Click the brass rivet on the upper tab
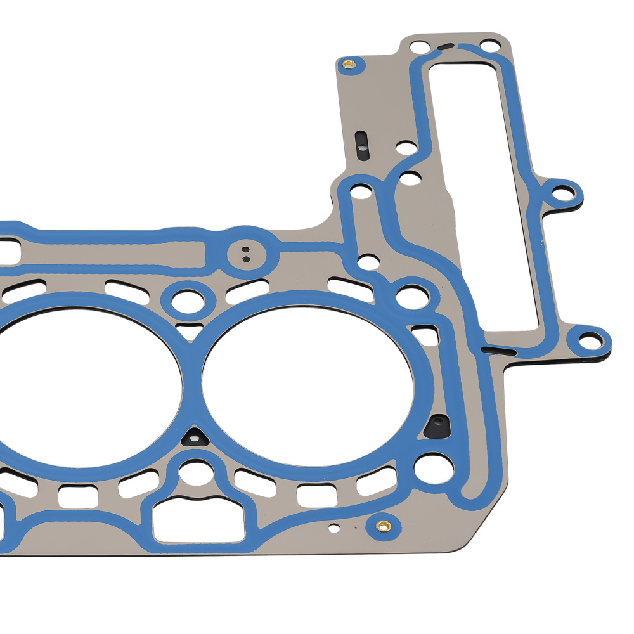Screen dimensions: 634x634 point(348,63)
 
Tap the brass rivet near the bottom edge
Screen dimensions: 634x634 point(382,525)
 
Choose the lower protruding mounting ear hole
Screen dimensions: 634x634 point(590,340)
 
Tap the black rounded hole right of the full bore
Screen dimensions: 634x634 point(438,426)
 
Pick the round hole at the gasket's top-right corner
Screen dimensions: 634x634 point(488,46)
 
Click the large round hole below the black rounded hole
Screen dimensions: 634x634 point(434,468)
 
